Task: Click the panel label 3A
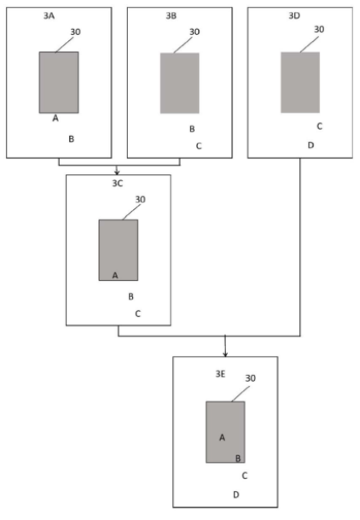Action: point(49,15)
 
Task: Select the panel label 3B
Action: point(171,15)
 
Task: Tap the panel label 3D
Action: point(294,15)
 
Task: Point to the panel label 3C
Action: point(118,184)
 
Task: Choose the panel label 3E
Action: point(221,374)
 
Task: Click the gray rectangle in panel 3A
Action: point(59,82)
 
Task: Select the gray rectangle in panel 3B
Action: point(180,83)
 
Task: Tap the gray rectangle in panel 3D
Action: point(300,82)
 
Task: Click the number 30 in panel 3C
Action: point(141,199)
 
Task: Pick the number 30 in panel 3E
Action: point(250,378)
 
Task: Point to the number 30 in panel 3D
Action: point(319,29)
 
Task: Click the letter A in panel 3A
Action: point(55,118)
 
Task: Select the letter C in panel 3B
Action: point(199,146)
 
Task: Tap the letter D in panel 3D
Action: point(311,145)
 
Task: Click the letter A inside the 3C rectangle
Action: point(115,275)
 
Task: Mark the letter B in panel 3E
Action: point(238,459)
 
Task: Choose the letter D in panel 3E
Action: point(236,494)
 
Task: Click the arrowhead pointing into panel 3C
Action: point(117,172)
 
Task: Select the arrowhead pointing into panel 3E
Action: point(225,354)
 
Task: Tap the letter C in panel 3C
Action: point(138,313)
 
